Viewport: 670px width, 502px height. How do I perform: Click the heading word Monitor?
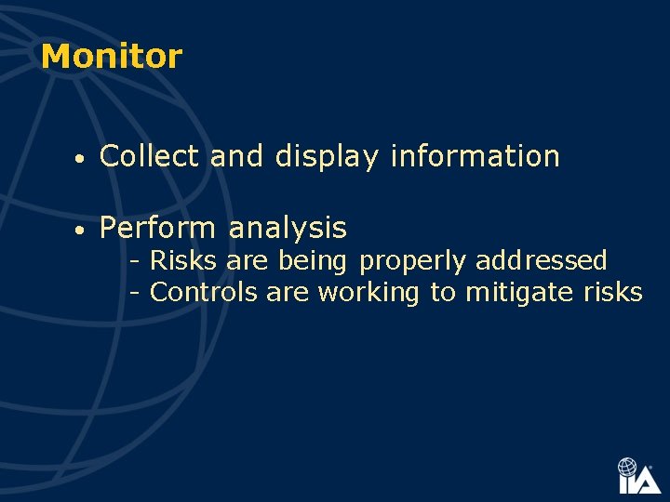[x=112, y=57]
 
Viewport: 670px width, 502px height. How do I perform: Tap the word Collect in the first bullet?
[x=149, y=157]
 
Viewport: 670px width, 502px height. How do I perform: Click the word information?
[x=475, y=157]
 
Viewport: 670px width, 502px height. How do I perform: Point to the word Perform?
[x=157, y=228]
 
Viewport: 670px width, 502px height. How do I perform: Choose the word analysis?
[x=288, y=229]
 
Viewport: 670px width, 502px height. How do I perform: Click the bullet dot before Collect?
[x=82, y=159]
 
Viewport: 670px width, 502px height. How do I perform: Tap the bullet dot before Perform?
[x=82, y=230]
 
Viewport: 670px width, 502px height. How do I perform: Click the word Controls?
[x=204, y=293]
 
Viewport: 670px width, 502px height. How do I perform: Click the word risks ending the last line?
[x=613, y=293]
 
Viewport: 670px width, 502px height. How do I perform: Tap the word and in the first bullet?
[x=237, y=157]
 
